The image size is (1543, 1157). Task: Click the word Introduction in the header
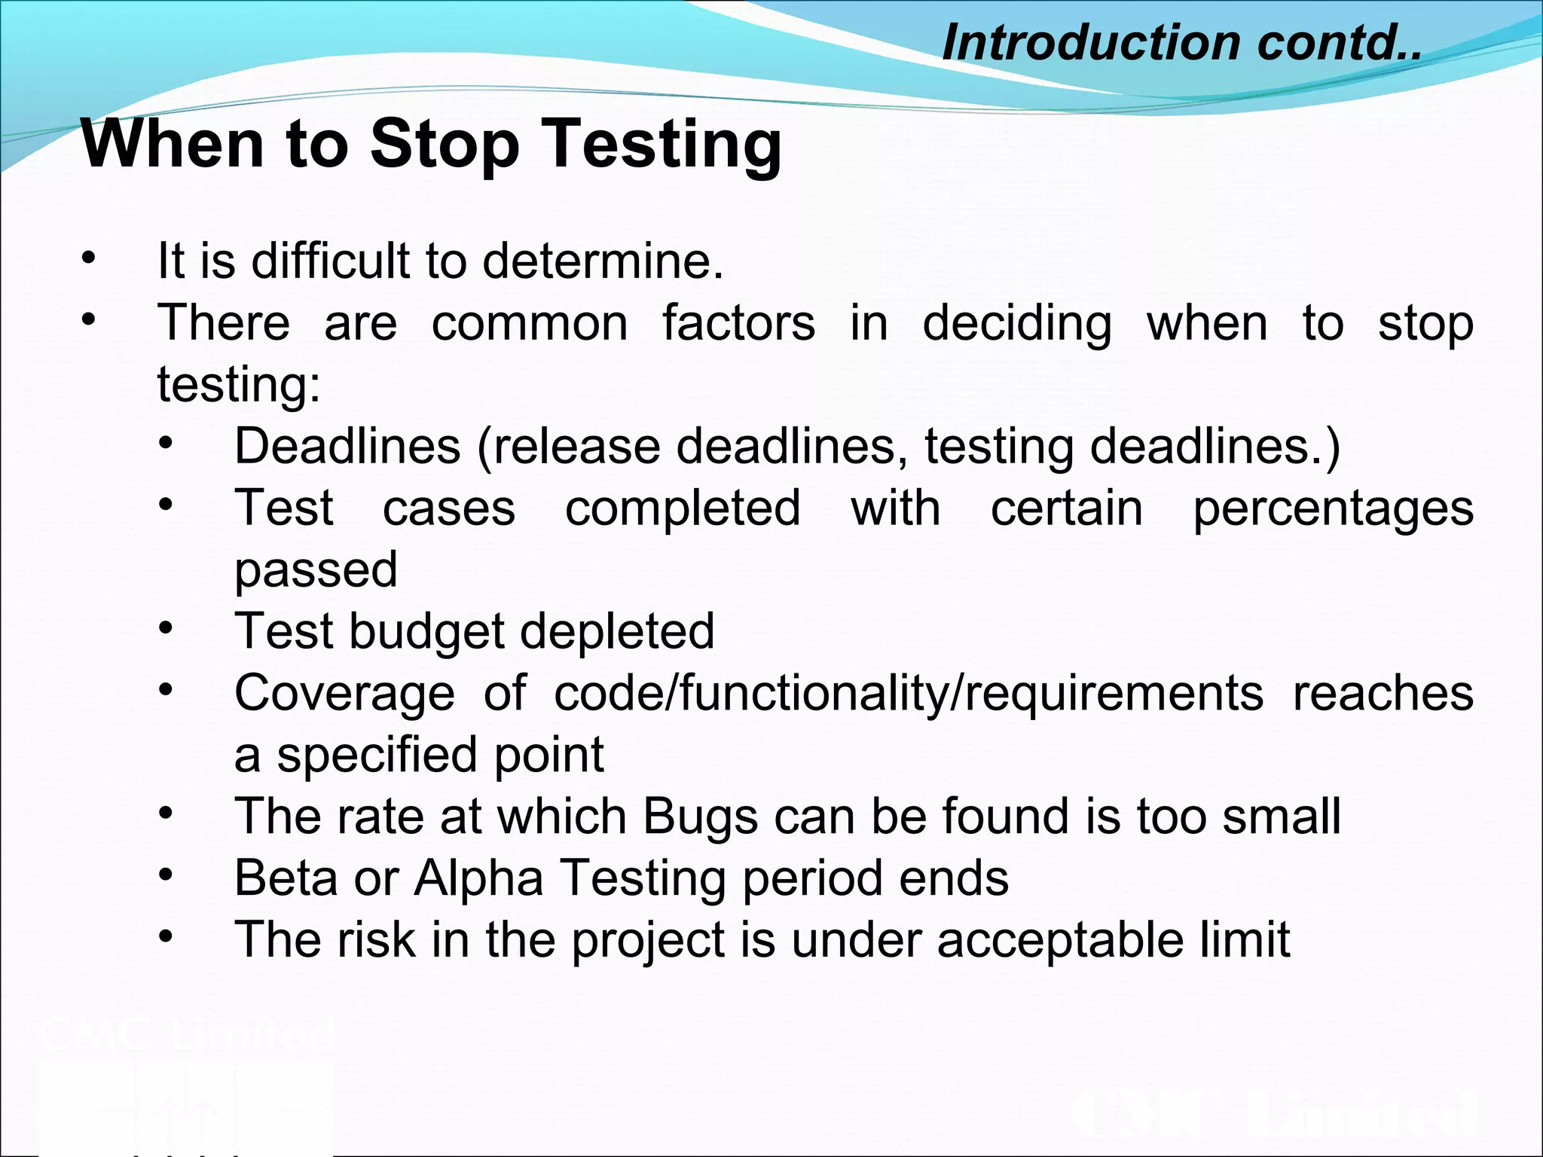click(x=1090, y=42)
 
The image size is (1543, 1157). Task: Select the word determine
click(x=602, y=261)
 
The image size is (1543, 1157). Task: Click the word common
click(x=530, y=323)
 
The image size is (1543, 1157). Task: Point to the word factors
click(x=738, y=323)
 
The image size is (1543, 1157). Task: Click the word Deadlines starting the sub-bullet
click(x=347, y=446)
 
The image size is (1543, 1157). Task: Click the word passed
click(x=316, y=569)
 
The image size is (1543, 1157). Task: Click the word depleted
click(x=617, y=631)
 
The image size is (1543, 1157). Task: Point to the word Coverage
click(x=344, y=693)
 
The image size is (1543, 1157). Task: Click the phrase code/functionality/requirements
click(x=908, y=693)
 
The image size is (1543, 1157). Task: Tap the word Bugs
click(x=700, y=817)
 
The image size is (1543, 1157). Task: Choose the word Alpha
click(x=478, y=878)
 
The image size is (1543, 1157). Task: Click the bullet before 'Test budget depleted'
click(x=166, y=627)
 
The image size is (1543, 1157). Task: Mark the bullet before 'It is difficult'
click(x=89, y=258)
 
